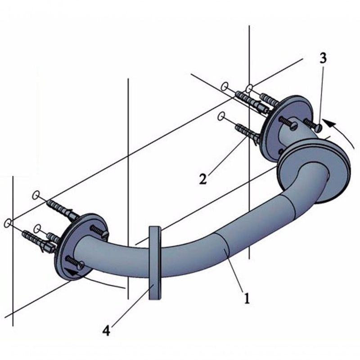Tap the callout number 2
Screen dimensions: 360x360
tap(203, 179)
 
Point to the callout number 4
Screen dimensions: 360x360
tap(106, 331)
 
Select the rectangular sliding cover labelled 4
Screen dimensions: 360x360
tap(154, 263)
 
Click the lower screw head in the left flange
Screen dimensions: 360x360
tap(80, 265)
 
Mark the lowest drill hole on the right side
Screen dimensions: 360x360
tap(221, 117)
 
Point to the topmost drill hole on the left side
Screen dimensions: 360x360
tap(36, 195)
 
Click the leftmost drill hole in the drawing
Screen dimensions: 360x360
tap(8, 223)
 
